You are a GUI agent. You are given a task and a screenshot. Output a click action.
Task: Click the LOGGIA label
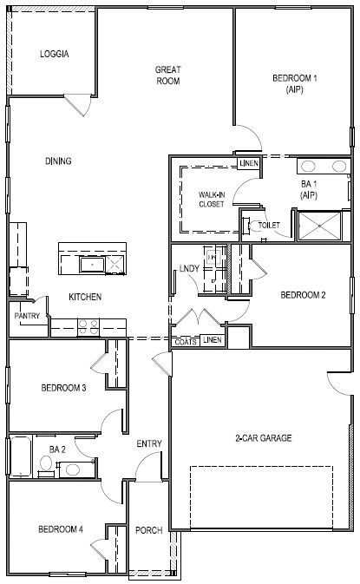(x=54, y=54)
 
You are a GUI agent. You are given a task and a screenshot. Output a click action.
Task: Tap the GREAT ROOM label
(x=167, y=75)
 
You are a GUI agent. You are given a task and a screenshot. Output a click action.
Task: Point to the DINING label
(x=57, y=161)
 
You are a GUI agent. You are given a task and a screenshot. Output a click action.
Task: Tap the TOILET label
(x=269, y=226)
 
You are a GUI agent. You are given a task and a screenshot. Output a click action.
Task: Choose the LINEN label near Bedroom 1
(x=248, y=163)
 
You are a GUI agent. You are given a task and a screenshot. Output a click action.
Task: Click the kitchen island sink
(x=88, y=264)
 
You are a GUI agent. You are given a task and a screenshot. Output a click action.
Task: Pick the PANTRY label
(x=28, y=317)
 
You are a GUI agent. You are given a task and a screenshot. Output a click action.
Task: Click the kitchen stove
(x=88, y=327)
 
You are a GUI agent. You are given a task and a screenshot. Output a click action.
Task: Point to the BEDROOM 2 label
(x=303, y=295)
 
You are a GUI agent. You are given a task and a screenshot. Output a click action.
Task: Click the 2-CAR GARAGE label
(x=264, y=438)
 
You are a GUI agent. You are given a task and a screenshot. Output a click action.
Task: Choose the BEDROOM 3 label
(x=63, y=387)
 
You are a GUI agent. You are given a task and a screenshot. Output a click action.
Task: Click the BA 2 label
(x=58, y=449)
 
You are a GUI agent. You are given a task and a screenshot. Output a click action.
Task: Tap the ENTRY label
(x=149, y=444)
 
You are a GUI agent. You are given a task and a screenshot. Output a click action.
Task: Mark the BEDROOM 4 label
(x=60, y=528)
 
